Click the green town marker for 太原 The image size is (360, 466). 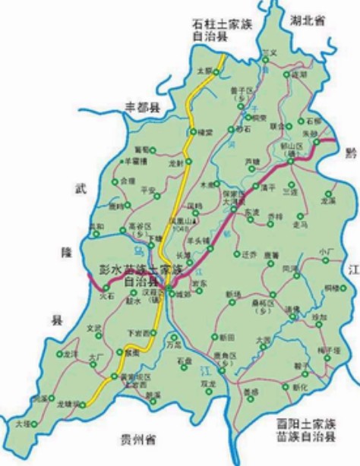(216, 72)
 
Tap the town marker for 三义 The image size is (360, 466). (266, 60)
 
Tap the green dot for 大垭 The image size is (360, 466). (34, 423)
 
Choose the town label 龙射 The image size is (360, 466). (176, 162)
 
